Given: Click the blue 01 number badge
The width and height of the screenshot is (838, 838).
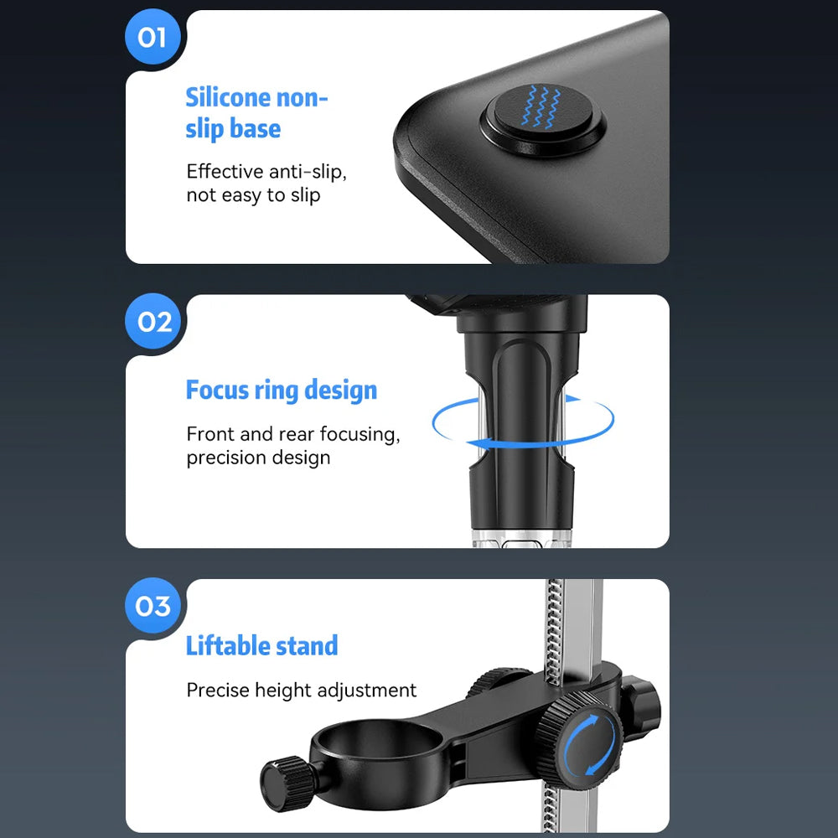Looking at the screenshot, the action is click(153, 37).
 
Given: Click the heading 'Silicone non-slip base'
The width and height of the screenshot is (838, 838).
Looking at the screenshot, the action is click(256, 113).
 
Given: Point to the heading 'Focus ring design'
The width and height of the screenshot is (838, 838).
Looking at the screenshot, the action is click(281, 391).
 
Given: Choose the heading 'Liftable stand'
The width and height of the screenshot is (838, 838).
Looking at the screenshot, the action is click(261, 645).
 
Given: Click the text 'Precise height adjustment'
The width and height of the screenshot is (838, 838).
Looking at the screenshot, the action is click(302, 690).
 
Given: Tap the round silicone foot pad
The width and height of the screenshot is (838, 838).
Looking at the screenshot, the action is click(543, 120).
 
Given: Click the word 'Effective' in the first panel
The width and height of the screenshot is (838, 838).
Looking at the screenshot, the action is click(225, 171).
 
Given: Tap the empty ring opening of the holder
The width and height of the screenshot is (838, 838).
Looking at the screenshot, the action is click(379, 739).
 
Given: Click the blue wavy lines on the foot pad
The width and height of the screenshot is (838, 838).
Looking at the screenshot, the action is click(541, 107).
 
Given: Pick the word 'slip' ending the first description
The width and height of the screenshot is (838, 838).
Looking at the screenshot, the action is click(305, 195).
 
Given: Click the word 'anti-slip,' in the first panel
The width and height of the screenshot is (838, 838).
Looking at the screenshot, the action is click(308, 172).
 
